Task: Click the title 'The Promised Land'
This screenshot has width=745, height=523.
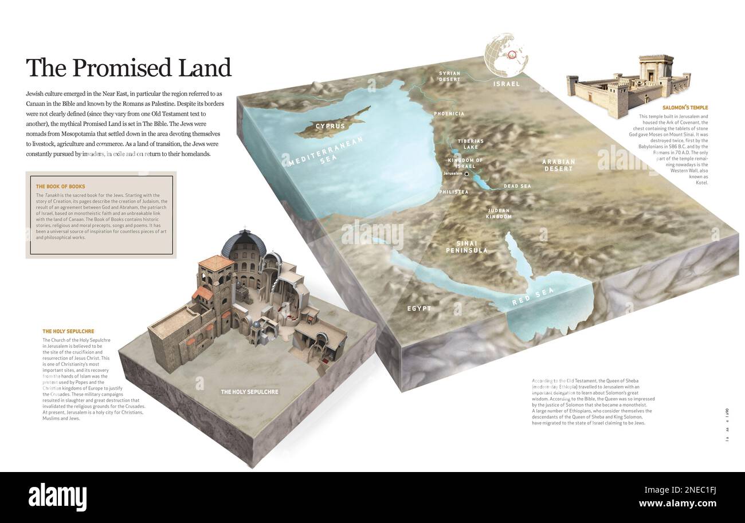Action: click(x=128, y=68)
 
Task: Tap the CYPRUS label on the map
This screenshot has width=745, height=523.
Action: click(x=330, y=126)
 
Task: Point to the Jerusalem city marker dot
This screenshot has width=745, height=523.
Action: click(x=466, y=174)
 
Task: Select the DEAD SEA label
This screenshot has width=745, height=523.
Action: click(x=517, y=186)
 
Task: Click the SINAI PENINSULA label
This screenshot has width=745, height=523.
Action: click(x=467, y=247)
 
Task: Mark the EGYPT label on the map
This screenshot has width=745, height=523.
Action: click(x=419, y=309)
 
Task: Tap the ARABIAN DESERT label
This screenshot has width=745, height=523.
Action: click(x=558, y=165)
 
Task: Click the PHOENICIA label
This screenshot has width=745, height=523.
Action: click(x=449, y=114)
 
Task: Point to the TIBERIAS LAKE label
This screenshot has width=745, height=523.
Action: click(x=470, y=144)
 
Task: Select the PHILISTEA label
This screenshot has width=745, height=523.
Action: click(x=453, y=192)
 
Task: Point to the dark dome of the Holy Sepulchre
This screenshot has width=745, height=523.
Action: click(x=243, y=245)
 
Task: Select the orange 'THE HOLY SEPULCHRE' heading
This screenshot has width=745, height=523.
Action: click(x=68, y=331)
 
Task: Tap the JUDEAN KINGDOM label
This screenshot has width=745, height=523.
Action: click(x=498, y=214)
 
